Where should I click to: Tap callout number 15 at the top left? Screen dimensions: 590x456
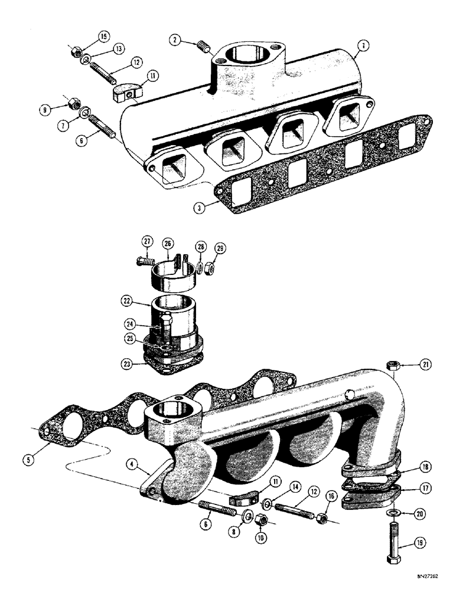tap(104, 37)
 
